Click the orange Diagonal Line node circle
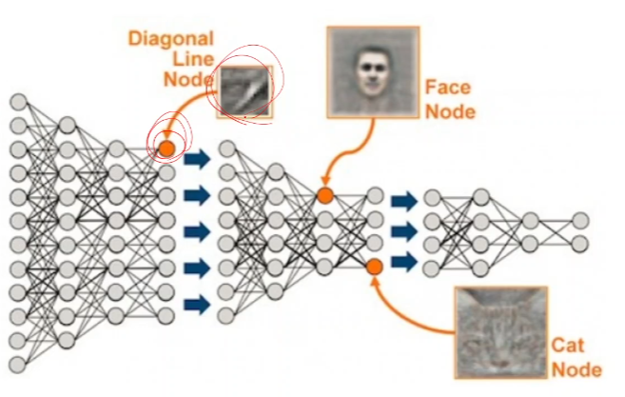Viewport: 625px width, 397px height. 166,148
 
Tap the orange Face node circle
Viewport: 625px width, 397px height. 325,195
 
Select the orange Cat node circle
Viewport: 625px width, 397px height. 374,267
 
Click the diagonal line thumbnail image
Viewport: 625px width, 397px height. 245,91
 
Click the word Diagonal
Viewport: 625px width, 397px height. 172,40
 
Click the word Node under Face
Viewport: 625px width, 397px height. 450,112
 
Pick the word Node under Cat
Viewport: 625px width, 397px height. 576,369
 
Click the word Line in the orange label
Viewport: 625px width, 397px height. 194,60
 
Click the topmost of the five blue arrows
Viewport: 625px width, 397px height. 196,158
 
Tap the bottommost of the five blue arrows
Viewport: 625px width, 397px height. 196,305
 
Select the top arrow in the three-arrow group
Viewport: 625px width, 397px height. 403,201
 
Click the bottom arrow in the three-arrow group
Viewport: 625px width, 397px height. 403,261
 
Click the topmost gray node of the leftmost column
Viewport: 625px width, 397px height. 18,102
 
